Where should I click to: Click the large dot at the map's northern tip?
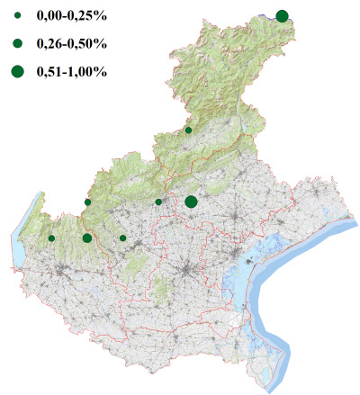282,15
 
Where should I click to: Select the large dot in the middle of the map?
191,202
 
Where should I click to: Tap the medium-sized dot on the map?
86,238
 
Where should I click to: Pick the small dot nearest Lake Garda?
51,238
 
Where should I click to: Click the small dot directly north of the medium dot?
87,202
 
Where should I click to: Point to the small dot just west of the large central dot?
158,202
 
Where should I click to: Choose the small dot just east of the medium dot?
122,238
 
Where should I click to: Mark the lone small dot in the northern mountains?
188,130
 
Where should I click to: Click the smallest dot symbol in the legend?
17,17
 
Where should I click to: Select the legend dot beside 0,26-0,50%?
17,43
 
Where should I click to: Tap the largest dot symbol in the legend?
17,71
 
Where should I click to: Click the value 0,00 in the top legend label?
49,17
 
